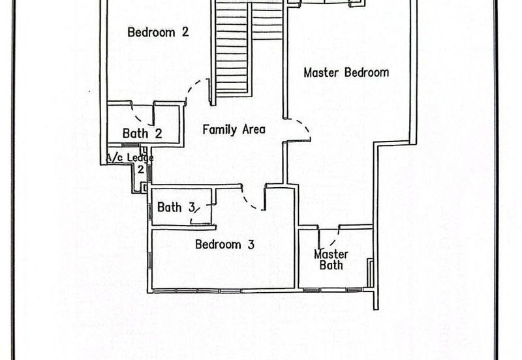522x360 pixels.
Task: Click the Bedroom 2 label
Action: coord(158,32)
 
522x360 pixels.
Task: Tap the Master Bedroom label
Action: coord(346,72)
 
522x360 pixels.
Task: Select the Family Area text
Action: coord(234,129)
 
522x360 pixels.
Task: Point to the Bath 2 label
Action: coord(142,134)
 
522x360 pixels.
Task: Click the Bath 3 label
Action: coord(176,207)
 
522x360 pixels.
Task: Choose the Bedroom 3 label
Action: coord(224,245)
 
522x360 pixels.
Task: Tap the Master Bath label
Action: coord(331,260)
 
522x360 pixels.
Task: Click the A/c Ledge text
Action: coord(130,158)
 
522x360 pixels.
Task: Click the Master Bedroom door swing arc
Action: coord(303,126)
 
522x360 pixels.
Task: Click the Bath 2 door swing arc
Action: coord(139,117)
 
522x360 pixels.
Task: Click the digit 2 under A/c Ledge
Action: coord(141,170)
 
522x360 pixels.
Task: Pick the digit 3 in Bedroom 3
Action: coord(251,245)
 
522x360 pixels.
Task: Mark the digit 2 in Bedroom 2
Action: coord(185,32)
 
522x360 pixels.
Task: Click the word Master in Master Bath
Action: coord(331,254)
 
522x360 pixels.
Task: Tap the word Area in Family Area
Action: coord(254,129)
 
